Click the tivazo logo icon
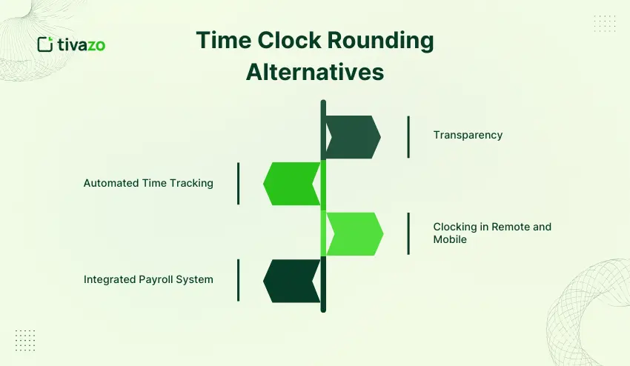[x=44, y=44]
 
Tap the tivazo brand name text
[x=82, y=44]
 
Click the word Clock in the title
[x=285, y=41]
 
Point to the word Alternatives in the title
[x=315, y=72]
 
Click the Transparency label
[x=468, y=135]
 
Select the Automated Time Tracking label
[x=148, y=183]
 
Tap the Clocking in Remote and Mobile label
[x=492, y=233]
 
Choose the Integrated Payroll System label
[x=148, y=279]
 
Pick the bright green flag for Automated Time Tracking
[x=292, y=183]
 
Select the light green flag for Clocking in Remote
[x=355, y=233]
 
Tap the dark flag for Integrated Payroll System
[x=292, y=280]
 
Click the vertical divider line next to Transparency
[x=408, y=137]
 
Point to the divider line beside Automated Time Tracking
[x=238, y=183]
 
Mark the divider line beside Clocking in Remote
[x=408, y=233]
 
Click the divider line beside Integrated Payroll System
[x=238, y=280]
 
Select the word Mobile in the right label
[x=450, y=240]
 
